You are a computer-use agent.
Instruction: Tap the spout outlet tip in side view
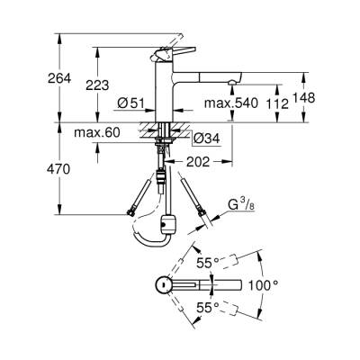233,82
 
